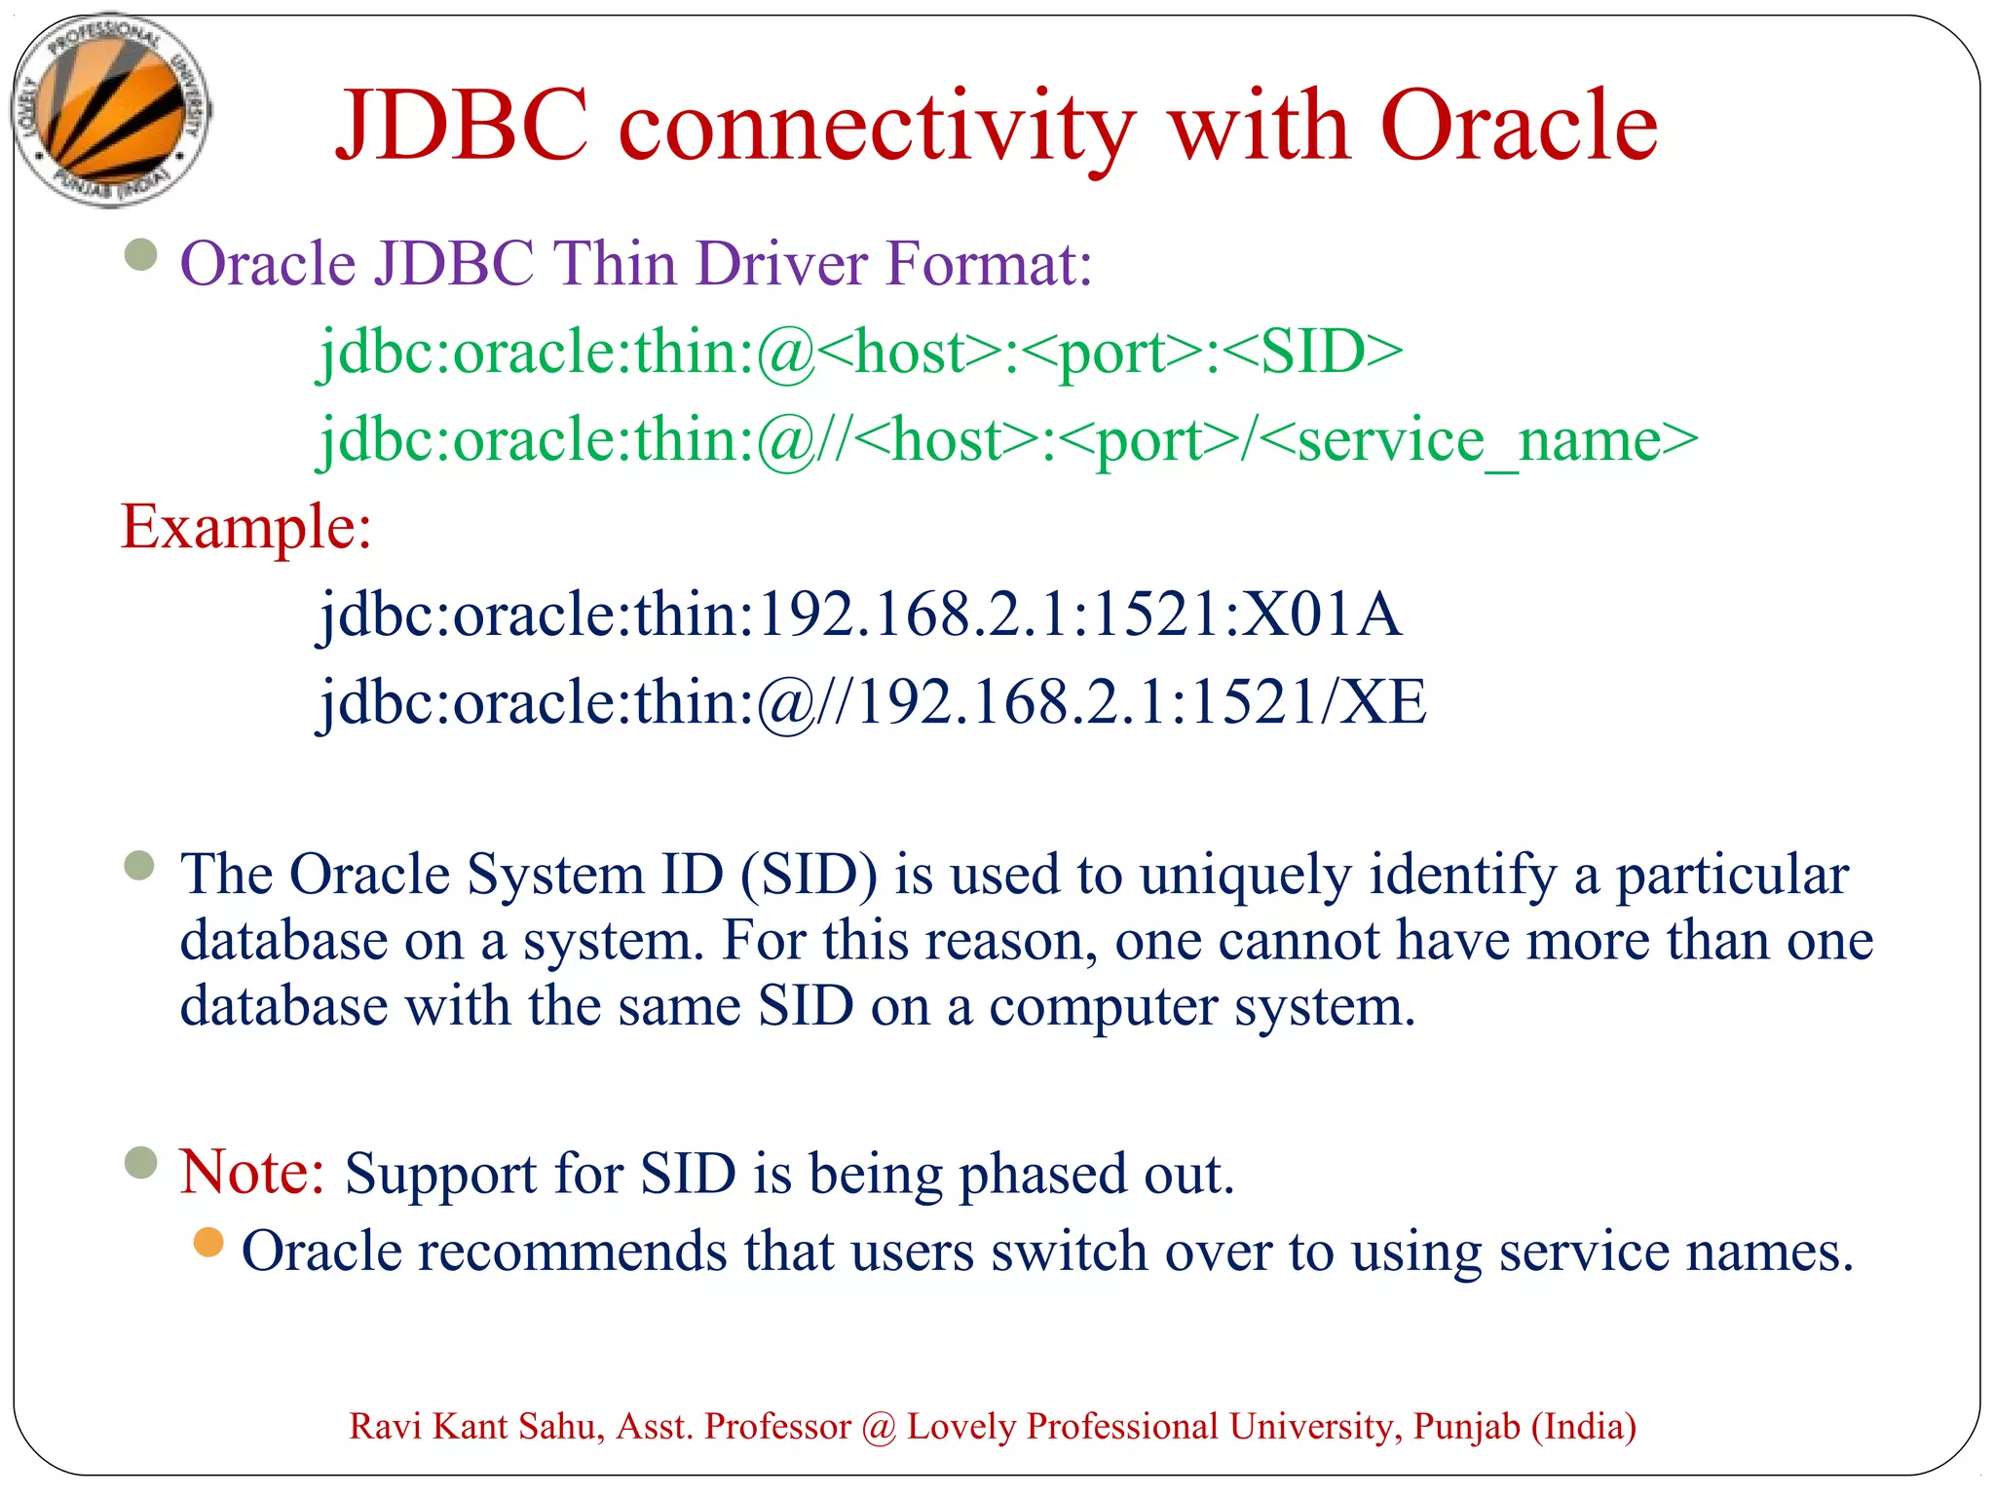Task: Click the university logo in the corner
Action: click(110, 110)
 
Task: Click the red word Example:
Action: click(245, 528)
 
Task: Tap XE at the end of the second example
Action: click(1382, 702)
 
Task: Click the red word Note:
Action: click(252, 1172)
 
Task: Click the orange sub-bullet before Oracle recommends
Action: click(208, 1243)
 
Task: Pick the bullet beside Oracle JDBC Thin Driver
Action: click(141, 255)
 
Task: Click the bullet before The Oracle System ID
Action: click(140, 865)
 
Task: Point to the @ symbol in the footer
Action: click(879, 1428)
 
